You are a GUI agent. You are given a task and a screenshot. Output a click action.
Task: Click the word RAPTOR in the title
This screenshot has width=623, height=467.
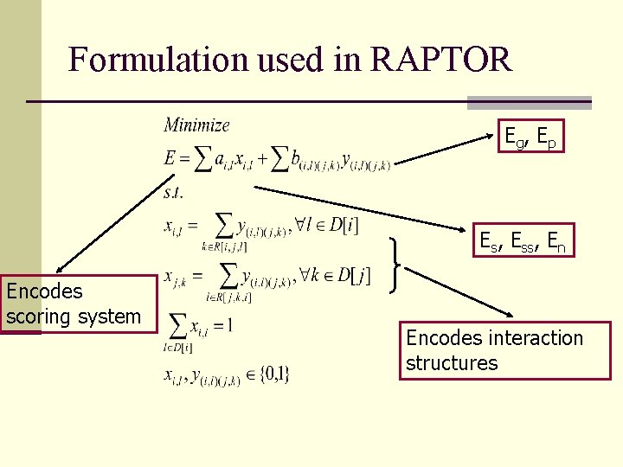click(x=440, y=59)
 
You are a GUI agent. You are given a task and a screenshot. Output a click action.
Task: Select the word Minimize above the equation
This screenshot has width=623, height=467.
click(x=197, y=125)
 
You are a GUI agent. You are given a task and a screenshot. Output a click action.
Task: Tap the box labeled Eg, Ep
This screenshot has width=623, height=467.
click(x=531, y=136)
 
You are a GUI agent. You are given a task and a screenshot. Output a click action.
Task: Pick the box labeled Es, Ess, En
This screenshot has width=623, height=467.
click(x=524, y=243)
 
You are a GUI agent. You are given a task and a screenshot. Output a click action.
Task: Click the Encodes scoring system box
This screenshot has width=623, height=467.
click(x=74, y=304)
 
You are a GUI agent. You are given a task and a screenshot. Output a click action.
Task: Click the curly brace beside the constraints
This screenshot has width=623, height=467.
click(x=398, y=265)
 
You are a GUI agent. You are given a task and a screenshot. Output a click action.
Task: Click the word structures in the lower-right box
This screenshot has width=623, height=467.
click(x=452, y=362)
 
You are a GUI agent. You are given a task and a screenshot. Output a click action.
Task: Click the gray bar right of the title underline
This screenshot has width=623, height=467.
click(x=529, y=102)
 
